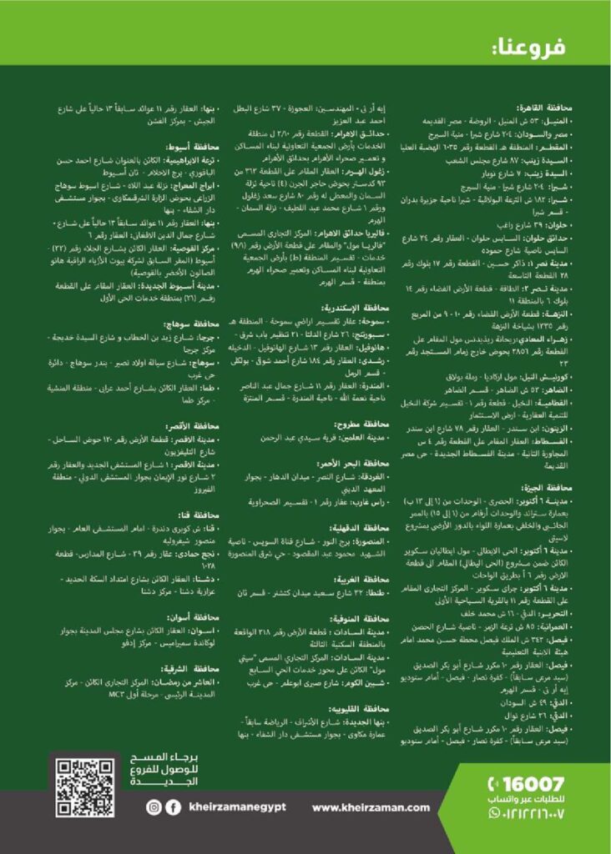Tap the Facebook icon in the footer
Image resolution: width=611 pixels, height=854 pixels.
[x=174, y=807]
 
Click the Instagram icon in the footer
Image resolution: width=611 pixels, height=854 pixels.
[x=154, y=807]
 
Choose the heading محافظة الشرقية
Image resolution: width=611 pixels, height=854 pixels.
[x=194, y=669]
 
